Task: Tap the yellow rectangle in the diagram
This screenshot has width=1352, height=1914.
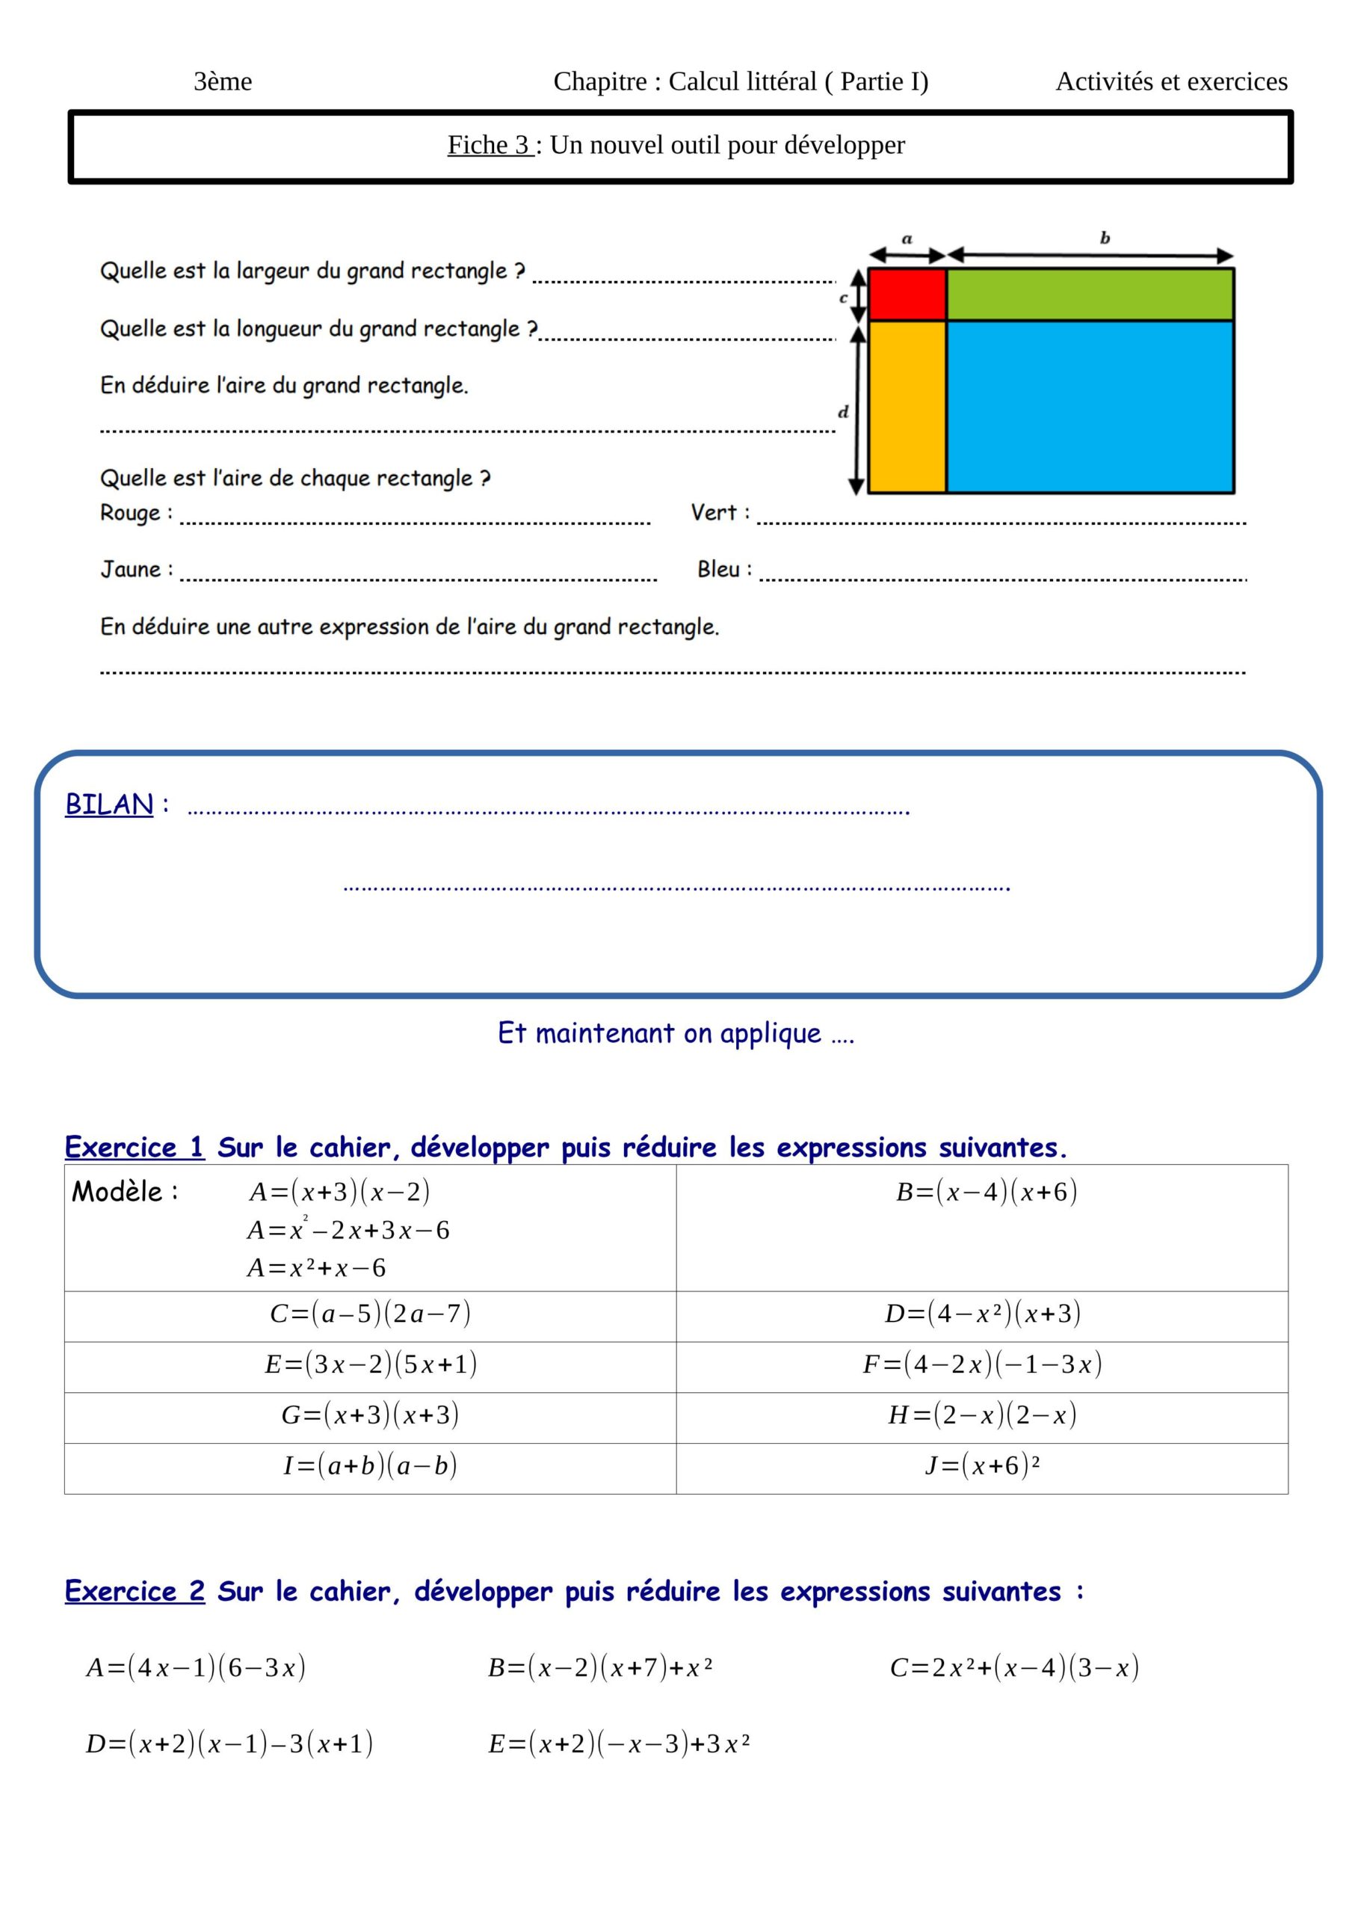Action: [907, 407]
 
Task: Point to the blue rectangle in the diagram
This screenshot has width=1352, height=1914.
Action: [1090, 407]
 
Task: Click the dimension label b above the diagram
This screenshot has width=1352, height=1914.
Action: [1105, 239]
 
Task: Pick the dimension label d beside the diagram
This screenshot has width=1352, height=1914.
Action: [843, 412]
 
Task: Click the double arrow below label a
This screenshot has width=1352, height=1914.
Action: [907, 255]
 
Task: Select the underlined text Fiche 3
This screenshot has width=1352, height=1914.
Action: [490, 145]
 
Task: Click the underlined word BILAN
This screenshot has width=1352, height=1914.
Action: [109, 804]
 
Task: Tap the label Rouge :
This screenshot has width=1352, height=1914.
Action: [136, 513]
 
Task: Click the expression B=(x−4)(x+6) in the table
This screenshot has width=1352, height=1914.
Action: [986, 1192]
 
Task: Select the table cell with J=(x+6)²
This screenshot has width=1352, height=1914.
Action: [982, 1465]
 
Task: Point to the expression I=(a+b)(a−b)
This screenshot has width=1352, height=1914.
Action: [370, 1465]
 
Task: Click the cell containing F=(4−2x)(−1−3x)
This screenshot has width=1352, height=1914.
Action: [982, 1364]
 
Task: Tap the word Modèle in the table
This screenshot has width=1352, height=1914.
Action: [117, 1192]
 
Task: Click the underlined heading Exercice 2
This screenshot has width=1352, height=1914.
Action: [135, 1592]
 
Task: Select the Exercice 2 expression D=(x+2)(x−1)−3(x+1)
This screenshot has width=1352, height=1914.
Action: [229, 1744]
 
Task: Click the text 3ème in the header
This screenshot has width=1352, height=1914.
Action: [223, 81]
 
